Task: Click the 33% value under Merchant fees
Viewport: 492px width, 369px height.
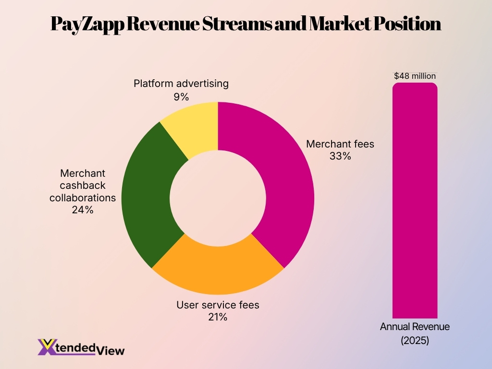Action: [x=340, y=156]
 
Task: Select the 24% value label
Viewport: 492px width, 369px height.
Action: [x=83, y=209]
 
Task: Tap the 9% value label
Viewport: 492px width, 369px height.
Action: [x=181, y=97]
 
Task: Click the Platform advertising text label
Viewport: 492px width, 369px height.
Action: [x=181, y=84]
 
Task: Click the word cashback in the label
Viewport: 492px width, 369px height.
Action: [x=83, y=185]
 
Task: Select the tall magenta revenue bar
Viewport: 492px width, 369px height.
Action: [x=415, y=202]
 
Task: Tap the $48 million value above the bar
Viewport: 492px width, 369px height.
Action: [x=415, y=75]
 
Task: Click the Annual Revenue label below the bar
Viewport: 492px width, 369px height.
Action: [x=415, y=327]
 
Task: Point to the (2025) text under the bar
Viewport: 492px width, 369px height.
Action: [x=415, y=341]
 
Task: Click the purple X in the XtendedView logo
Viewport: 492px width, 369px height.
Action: [x=47, y=347]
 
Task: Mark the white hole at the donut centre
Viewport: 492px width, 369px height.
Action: [x=218, y=198]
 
